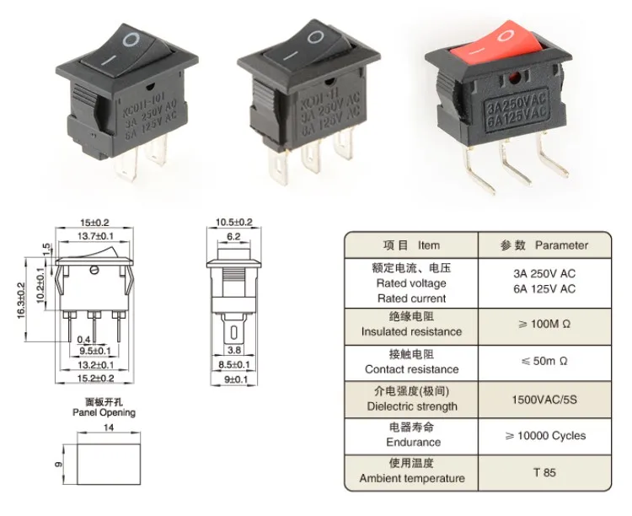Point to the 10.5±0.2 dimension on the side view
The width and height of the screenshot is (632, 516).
234,222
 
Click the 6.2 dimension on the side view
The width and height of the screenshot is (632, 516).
234,237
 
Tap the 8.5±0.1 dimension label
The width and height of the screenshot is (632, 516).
235,364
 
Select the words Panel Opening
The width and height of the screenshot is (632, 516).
104,413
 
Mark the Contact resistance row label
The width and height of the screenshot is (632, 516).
411,369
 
